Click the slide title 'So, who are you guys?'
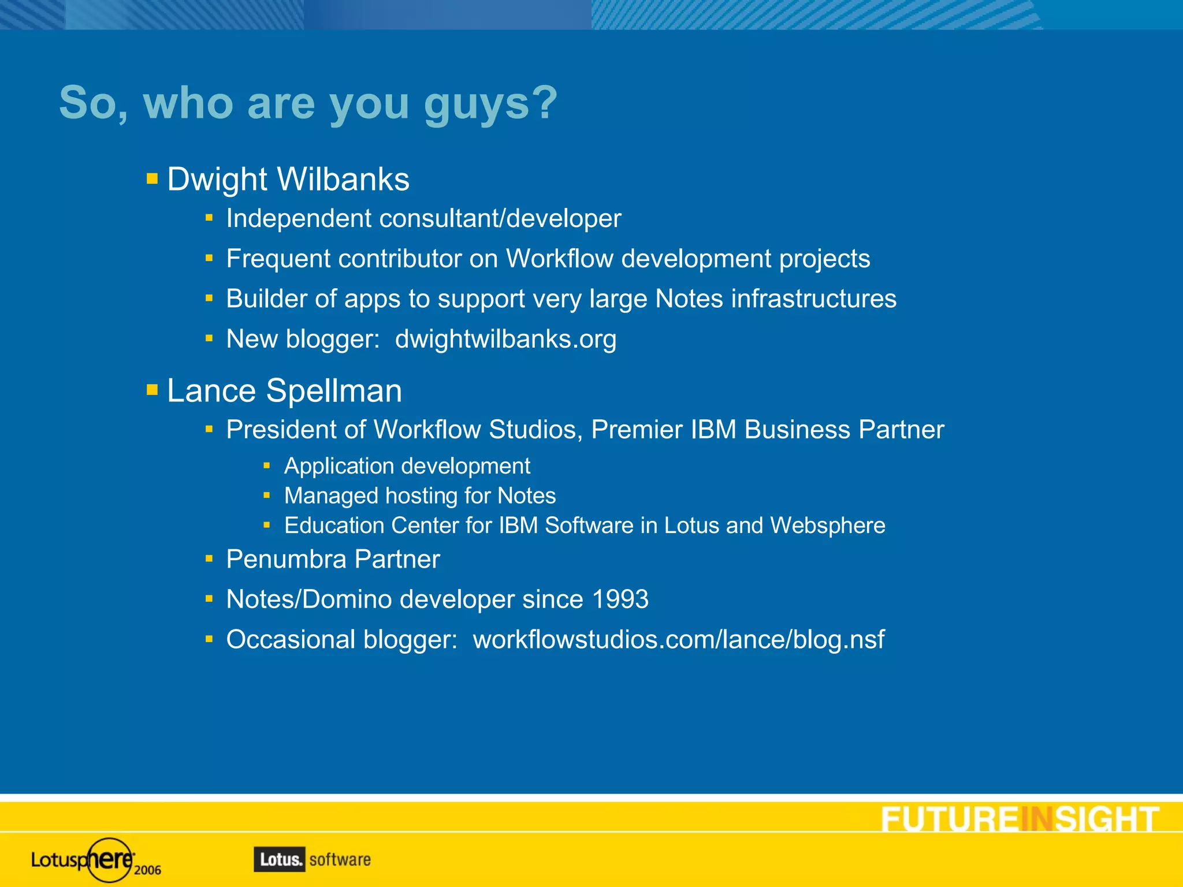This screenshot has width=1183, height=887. tap(308, 103)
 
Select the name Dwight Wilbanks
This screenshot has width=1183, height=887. tap(288, 179)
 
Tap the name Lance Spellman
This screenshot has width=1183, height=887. tap(284, 390)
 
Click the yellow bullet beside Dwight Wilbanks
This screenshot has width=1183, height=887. tap(152, 178)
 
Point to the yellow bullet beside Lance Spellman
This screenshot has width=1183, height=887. tap(152, 390)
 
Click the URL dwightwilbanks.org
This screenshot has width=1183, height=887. tap(505, 339)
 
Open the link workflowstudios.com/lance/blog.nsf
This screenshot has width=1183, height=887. tap(678, 639)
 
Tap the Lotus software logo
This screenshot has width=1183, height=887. tap(312, 859)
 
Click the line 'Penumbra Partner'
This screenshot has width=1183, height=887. tap(333, 559)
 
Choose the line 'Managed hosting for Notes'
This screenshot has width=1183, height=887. tap(420, 496)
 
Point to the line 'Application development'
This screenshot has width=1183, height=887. tap(407, 466)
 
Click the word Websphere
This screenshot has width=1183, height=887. tap(827, 526)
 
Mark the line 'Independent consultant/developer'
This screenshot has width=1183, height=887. tap(423, 218)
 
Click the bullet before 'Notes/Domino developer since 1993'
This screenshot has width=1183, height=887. tap(209, 599)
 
